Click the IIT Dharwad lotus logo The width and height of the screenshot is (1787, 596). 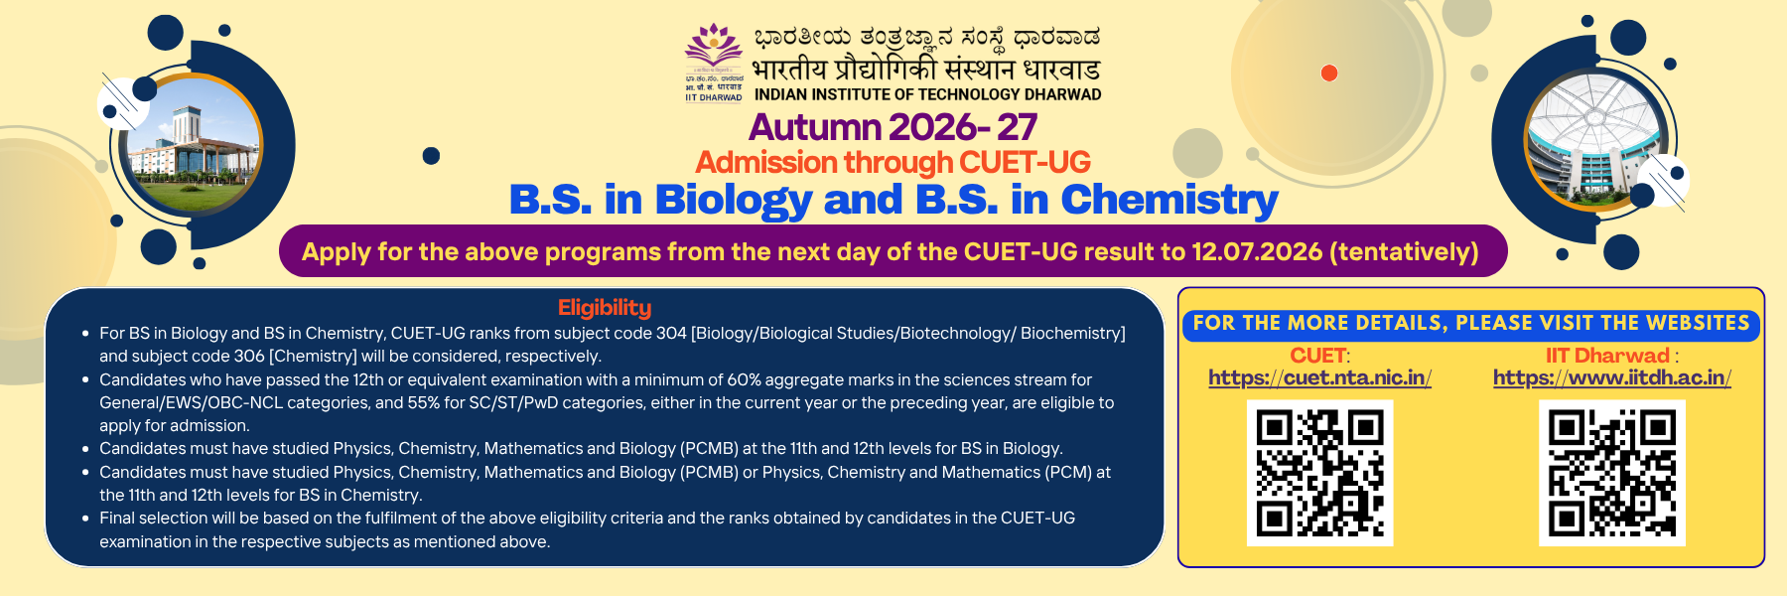pos(714,50)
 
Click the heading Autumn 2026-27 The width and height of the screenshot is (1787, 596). pos(893,127)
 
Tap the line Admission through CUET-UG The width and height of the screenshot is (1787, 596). pos(893,162)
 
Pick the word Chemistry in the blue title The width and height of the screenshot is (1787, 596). pos(1168,200)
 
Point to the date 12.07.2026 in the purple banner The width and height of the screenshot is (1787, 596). pos(1257,252)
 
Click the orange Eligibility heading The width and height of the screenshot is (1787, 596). pos(605,308)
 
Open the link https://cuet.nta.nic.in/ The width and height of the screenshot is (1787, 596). pos(1319,377)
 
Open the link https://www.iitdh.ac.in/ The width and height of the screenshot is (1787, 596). pos(1611,377)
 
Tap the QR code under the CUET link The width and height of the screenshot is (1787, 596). pos(1319,473)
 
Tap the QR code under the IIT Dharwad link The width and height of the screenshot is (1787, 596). pos(1612,473)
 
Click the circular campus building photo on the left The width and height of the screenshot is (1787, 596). pos(194,144)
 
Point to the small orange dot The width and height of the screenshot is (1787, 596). pos(1329,73)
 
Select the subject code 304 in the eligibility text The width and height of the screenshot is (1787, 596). pos(671,334)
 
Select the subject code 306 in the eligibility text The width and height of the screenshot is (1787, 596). pos(249,357)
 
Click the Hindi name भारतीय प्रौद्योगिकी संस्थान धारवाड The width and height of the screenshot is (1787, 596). pos(926,70)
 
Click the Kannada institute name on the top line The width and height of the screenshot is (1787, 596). pos(926,38)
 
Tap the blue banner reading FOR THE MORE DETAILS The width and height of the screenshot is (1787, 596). pos(1470,324)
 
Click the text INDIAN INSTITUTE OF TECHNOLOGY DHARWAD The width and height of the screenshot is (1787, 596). pos(927,95)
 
